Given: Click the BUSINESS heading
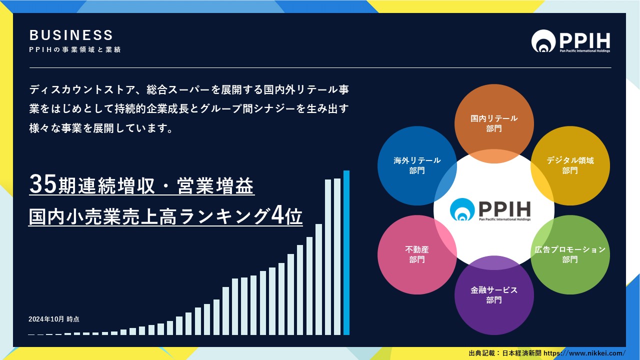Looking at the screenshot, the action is pyautogui.click(x=71, y=35).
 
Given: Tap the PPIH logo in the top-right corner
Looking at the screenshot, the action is pyautogui.click(x=570, y=41).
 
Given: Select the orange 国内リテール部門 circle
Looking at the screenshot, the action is pyautogui.click(x=494, y=123).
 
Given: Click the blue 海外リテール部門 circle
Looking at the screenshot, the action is pyautogui.click(x=417, y=165).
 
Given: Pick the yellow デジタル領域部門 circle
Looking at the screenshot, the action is pyautogui.click(x=570, y=165).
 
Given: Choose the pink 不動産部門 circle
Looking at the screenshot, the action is pyautogui.click(x=417, y=254).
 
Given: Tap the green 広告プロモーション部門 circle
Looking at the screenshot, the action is pyautogui.click(x=570, y=254).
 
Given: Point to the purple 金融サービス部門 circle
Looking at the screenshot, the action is pyautogui.click(x=494, y=295).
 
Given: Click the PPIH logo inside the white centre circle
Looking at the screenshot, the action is pyautogui.click(x=490, y=209).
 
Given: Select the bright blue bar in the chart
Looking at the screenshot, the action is pyautogui.click(x=346, y=252).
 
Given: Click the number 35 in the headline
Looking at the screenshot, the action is pyautogui.click(x=43, y=184).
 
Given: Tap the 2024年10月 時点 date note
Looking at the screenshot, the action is pyautogui.click(x=53, y=319).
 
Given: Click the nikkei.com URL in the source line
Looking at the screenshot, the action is pyautogui.click(x=584, y=353).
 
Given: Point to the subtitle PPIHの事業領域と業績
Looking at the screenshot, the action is pyautogui.click(x=75, y=49).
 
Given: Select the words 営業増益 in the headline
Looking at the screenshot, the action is pyautogui.click(x=215, y=185).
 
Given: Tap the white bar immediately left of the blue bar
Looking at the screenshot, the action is pyautogui.click(x=337, y=256).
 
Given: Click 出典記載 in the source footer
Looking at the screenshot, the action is pyautogui.click(x=481, y=353).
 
